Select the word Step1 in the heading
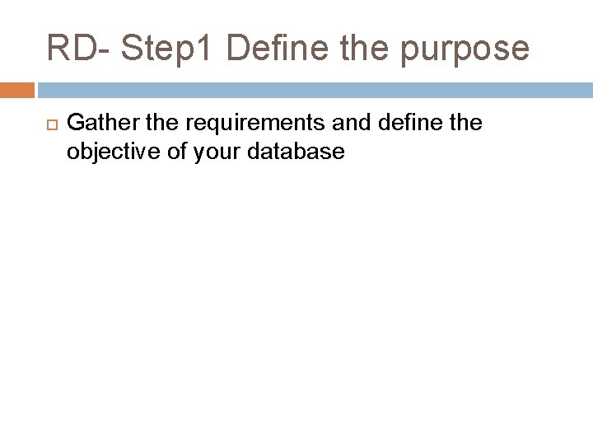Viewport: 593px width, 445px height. (166, 48)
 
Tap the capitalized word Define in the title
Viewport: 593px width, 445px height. (271, 48)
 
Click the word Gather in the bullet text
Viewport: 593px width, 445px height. (97, 124)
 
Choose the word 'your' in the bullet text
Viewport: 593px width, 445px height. (212, 153)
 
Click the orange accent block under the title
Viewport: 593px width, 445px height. (17, 90)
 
